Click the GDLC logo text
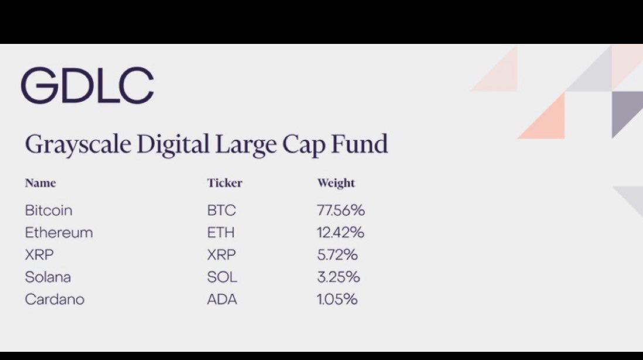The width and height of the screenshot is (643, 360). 87,85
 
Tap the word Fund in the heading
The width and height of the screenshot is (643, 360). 359,143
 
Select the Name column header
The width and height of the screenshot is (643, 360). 40,183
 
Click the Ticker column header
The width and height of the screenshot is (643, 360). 225,183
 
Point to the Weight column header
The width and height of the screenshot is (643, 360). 336,183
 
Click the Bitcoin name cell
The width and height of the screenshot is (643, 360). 49,210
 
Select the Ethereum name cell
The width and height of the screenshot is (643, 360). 59,232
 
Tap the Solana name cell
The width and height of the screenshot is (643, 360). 48,277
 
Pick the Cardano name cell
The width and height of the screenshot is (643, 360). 54,299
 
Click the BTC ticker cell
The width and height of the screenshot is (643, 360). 221,210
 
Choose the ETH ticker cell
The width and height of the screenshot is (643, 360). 221,232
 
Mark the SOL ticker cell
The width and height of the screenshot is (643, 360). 222,277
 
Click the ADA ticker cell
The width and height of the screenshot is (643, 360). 222,299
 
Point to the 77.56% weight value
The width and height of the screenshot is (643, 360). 341,210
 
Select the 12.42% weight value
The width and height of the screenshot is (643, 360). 340,232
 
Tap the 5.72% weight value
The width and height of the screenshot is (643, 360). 337,255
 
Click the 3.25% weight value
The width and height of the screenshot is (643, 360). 338,277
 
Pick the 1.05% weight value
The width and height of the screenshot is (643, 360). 337,299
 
